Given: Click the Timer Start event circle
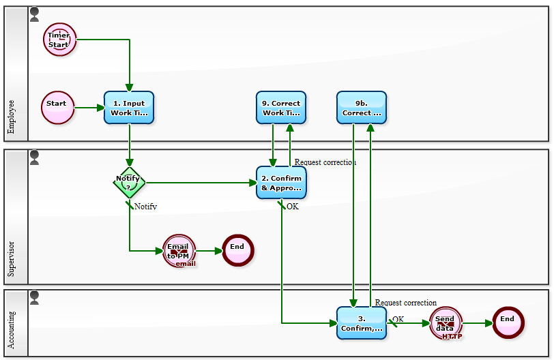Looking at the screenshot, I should click(60, 40).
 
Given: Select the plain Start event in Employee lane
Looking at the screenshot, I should click(57, 108).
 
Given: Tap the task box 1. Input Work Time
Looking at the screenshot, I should click(129, 108).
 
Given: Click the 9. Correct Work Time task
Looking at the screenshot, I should click(281, 108).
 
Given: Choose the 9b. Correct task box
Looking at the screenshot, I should click(362, 108).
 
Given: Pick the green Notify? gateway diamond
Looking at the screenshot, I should click(128, 183).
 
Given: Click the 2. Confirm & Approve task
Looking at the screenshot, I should click(281, 183).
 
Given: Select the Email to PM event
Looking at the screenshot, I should click(179, 251).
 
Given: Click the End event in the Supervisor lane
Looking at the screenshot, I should click(237, 250).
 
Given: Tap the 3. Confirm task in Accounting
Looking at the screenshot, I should click(362, 322).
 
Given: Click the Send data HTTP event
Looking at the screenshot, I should click(446, 322).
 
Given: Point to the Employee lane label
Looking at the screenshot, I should click(12, 117).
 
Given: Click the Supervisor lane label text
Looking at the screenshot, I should click(12, 258).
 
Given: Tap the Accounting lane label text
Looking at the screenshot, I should click(12, 330).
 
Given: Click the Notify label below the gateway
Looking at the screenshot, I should click(145, 206).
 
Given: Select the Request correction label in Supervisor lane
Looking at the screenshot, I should click(325, 162).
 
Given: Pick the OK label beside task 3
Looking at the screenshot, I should click(398, 318).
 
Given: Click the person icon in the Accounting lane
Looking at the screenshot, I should click(35, 297).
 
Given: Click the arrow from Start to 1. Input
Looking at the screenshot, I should click(89, 108).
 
